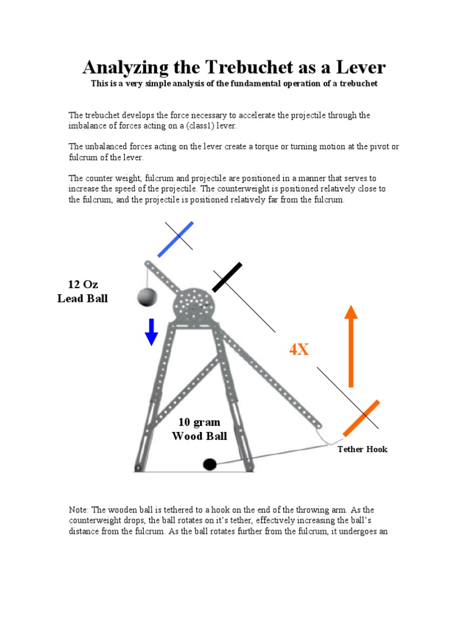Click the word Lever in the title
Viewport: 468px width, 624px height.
(x=360, y=67)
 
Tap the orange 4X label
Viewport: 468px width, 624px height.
(x=299, y=350)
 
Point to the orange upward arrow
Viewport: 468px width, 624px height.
(x=350, y=346)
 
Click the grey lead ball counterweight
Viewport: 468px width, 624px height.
(x=147, y=297)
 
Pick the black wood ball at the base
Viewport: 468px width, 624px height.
(x=210, y=464)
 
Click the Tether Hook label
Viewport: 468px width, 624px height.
(x=363, y=449)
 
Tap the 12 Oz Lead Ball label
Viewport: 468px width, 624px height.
(x=83, y=291)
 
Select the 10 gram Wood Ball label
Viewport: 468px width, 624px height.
(x=199, y=429)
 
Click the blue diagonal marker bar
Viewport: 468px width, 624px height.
(x=176, y=239)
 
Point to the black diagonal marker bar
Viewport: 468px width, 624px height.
(x=227, y=277)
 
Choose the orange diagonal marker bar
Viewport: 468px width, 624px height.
(x=361, y=418)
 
